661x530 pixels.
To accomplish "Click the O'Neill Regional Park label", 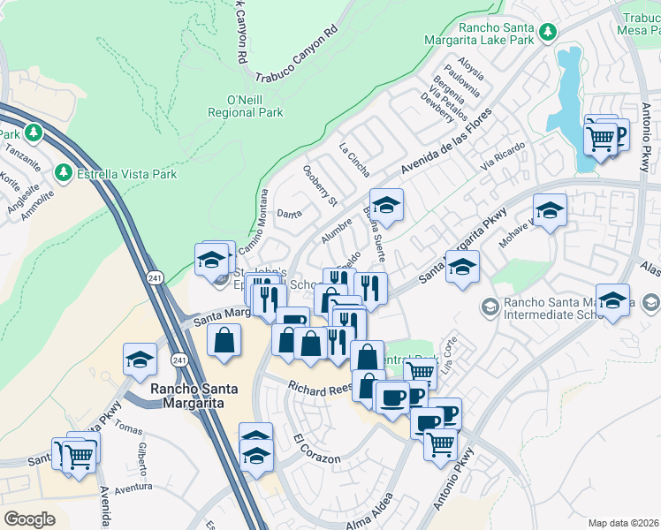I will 245,106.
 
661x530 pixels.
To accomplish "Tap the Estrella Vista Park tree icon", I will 65,172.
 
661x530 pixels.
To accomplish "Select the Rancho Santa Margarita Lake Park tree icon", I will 549,32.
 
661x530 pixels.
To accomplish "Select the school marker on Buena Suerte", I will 386,207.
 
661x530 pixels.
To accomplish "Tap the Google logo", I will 29,519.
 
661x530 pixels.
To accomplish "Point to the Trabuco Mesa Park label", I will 640,24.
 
